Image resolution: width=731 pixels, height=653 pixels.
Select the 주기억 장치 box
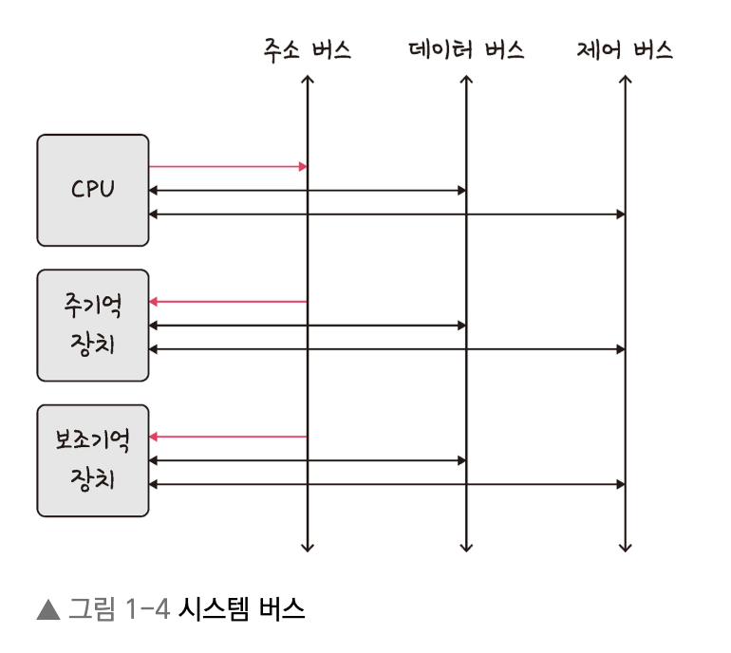coord(92,325)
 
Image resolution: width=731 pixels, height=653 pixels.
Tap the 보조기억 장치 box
coord(92,460)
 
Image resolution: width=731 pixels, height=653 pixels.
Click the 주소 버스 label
coord(307,50)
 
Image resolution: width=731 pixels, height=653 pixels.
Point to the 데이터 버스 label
coord(466,50)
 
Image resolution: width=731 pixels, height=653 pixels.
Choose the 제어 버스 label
coord(624,50)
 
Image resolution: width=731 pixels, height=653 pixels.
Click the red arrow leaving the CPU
coord(228,167)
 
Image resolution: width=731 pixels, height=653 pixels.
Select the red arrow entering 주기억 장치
coord(228,302)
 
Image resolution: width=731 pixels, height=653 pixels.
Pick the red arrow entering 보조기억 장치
coord(228,437)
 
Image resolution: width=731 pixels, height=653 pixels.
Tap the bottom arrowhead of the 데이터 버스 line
coord(466,547)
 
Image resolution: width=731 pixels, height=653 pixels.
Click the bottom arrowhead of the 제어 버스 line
coord(625,547)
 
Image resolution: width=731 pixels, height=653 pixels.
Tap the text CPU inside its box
coord(92,189)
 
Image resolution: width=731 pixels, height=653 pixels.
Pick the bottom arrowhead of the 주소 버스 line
coord(308,547)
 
